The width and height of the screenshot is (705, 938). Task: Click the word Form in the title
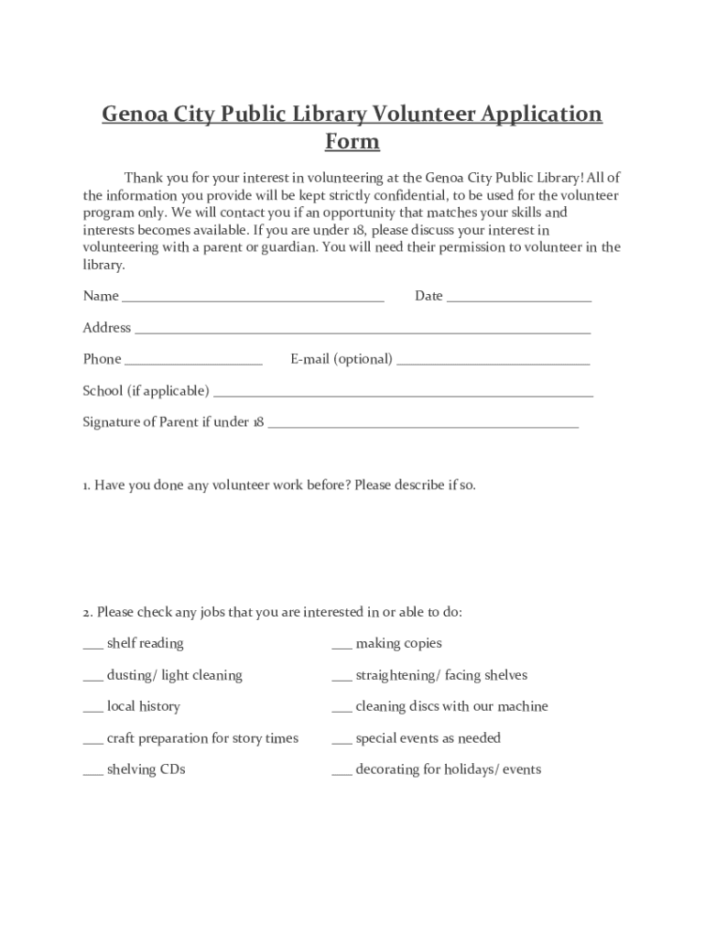click(352, 142)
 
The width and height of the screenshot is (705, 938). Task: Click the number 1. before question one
click(87, 485)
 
